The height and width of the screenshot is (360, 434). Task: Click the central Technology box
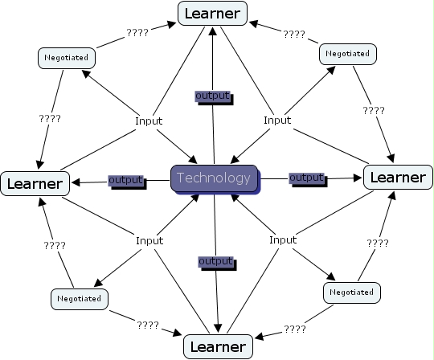tap(214, 178)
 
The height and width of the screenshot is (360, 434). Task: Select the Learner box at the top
tap(213, 14)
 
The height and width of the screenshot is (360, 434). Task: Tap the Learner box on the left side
tap(34, 183)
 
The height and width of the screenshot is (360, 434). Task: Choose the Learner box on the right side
tap(397, 176)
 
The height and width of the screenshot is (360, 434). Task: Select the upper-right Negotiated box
tap(348, 54)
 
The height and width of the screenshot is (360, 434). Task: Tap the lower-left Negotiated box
tap(79, 298)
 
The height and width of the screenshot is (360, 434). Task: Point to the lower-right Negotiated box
tap(352, 292)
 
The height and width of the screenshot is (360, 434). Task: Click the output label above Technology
tap(213, 96)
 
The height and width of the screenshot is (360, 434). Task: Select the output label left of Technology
tap(125, 179)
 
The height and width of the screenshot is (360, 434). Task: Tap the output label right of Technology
tap(305, 177)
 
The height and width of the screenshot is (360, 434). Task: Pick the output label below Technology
tap(215, 262)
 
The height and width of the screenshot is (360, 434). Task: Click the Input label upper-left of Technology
tap(149, 121)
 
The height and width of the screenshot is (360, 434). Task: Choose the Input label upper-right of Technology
tap(277, 120)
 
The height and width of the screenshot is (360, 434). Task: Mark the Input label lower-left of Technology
tap(149, 240)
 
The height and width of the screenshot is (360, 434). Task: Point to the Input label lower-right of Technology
tap(283, 239)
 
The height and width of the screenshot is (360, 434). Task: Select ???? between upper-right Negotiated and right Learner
tap(374, 110)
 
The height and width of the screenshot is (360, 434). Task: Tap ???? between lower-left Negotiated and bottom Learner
tap(147, 325)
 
